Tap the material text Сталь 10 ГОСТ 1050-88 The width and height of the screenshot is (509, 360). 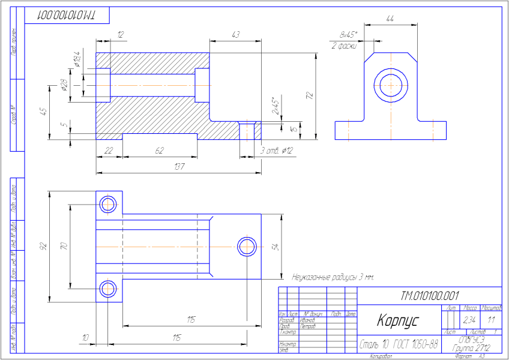[x=398, y=344]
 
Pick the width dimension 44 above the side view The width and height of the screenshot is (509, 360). [x=391, y=20]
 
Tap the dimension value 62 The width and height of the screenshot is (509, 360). [x=160, y=151]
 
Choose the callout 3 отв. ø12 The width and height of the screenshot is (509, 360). [x=276, y=151]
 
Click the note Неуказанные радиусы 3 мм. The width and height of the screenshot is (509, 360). [x=333, y=278]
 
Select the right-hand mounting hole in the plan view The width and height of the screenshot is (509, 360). [x=247, y=246]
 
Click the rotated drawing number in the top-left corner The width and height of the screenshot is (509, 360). [x=66, y=15]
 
